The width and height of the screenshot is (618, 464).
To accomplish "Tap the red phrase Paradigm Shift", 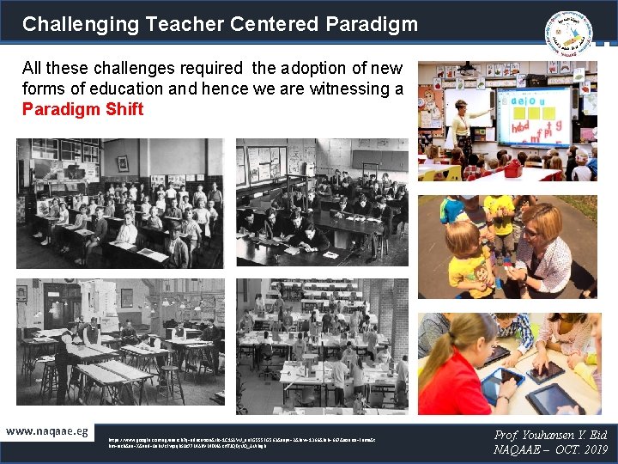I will click(x=82, y=109).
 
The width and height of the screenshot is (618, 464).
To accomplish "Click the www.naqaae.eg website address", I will click(x=47, y=430).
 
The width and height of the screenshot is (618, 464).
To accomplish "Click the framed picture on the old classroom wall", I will click(x=123, y=162).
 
